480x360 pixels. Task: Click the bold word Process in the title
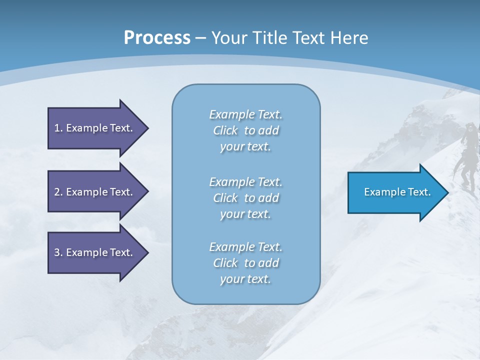click(157, 38)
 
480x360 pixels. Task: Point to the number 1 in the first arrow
click(57, 128)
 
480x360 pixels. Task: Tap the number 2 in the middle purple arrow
click(57, 192)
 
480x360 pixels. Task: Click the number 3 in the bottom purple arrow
click(57, 252)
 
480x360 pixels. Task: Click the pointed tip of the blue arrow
click(446, 192)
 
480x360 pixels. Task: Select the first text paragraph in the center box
click(246, 130)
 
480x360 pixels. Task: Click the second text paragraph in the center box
click(246, 198)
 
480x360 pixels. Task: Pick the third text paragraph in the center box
click(246, 263)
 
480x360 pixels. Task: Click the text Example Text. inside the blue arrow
click(397, 192)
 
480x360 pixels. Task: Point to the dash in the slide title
click(201, 38)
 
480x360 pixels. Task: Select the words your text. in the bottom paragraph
click(245, 279)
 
